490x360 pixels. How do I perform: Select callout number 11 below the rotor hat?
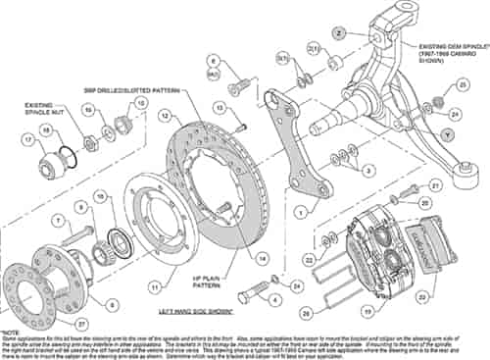pos(155,287)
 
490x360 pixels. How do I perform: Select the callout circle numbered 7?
pos(58,221)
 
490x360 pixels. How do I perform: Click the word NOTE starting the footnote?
pos(12,333)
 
